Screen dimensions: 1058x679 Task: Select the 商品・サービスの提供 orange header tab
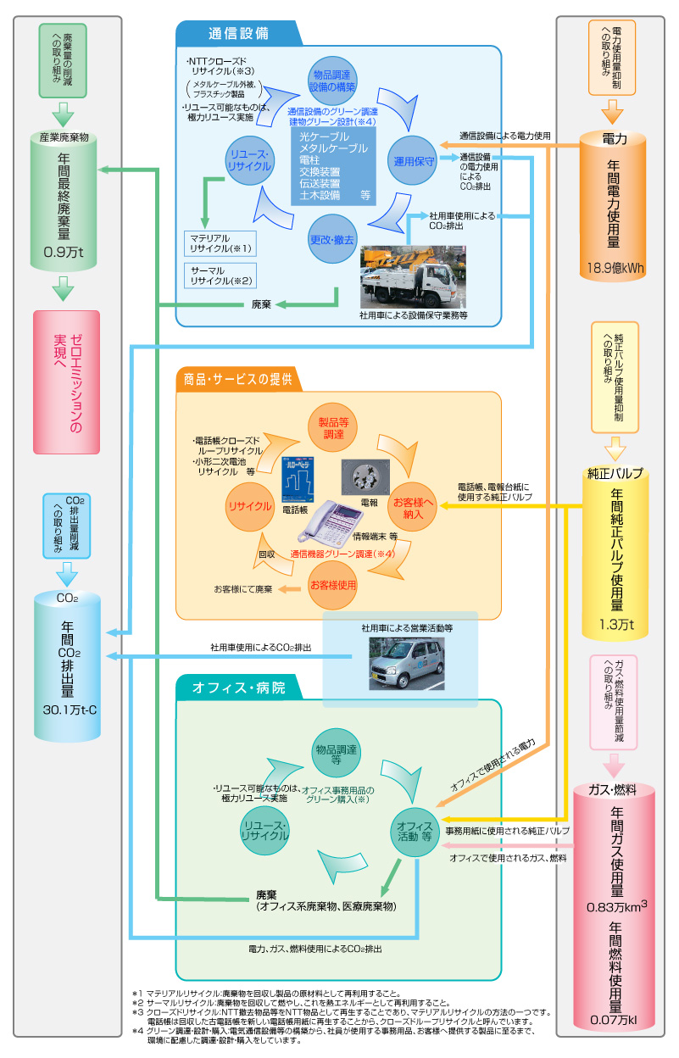(238, 379)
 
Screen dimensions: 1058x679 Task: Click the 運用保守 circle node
(414, 160)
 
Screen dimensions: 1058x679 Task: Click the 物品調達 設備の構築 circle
(332, 81)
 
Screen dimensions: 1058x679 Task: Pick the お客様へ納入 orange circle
(414, 507)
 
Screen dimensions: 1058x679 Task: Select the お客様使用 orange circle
(332, 585)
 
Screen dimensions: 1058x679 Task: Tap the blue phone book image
(299, 479)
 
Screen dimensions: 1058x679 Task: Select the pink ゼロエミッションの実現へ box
(67, 381)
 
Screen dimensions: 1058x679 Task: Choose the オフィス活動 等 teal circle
(415, 831)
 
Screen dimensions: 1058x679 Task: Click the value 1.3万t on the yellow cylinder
(616, 626)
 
